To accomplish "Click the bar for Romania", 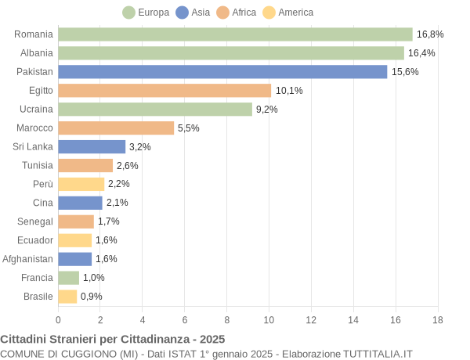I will [235, 34].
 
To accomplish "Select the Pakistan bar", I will [222, 72].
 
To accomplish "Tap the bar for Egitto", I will [164, 91].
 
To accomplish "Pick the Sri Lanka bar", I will [92, 146].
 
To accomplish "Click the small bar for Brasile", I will [67, 297].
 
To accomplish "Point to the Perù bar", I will [81, 184].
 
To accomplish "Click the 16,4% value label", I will [421, 53].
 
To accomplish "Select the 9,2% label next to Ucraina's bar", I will [267, 110].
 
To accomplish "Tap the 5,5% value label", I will [189, 128].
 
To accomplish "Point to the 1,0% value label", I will [94, 278].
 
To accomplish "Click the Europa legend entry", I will [146, 13].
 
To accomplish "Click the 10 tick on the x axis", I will [269, 320].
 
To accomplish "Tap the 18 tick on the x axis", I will [437, 320].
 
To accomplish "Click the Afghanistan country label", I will [28, 259].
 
